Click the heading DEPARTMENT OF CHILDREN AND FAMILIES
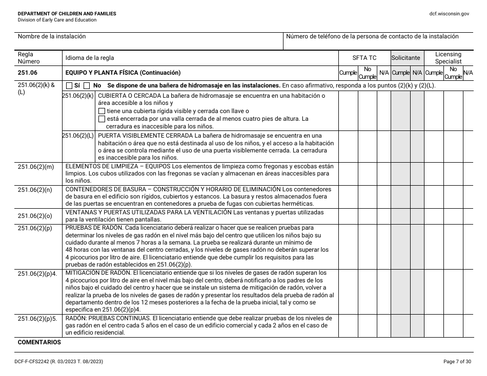pos(67,14)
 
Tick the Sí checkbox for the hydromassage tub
pos(70,86)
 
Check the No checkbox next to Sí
pos(87,86)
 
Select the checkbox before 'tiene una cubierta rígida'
pos(102,111)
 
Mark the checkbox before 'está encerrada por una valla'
pos(102,119)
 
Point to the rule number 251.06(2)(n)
pos(35,190)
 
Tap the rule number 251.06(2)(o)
pos(35,216)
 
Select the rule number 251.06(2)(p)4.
pos(37,274)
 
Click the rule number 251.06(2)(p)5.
pos(37,319)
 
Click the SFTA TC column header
pos(364,58)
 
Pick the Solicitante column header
pos(405,58)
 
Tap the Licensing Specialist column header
pos(448,58)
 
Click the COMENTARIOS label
pos(39,342)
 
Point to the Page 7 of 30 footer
pos(456,362)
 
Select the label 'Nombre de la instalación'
pos(52,37)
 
